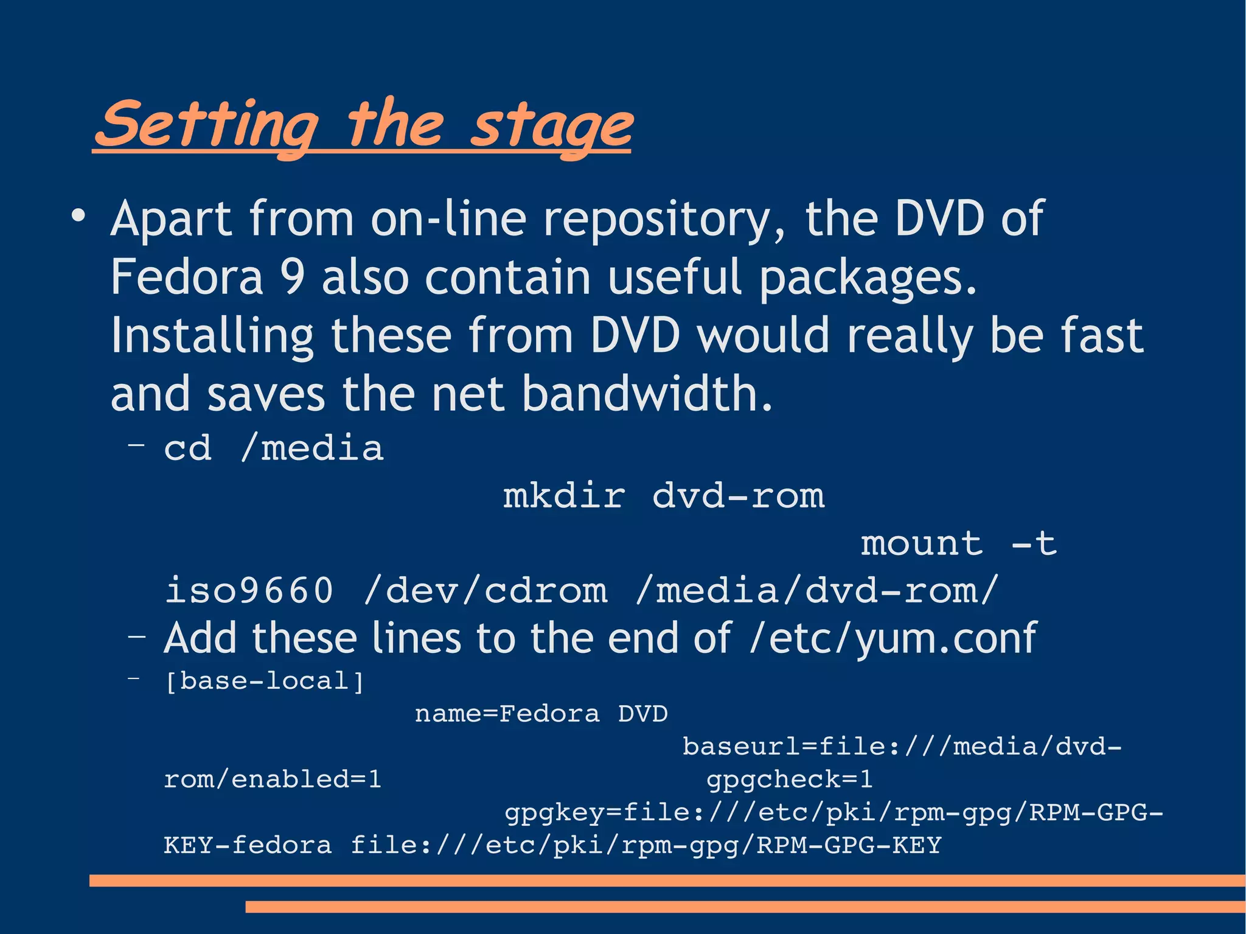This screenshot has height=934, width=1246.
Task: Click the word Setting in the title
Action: pos(207,125)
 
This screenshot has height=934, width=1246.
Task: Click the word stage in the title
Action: pos(551,127)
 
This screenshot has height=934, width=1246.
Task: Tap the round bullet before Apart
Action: pos(77,217)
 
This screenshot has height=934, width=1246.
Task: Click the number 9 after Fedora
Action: pos(292,277)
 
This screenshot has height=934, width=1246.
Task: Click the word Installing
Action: pos(212,336)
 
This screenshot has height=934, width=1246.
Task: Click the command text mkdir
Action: pos(564,496)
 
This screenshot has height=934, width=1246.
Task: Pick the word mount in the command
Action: pos(922,543)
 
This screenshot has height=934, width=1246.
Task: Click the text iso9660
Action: pos(249,590)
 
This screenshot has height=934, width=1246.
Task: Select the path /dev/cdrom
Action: pos(485,590)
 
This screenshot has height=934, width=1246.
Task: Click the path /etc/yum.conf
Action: pos(893,638)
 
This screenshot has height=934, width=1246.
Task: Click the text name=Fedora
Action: pos(507,714)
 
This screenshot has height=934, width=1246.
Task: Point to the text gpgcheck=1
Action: pos(789,779)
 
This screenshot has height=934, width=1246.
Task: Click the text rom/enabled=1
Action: pos(273,779)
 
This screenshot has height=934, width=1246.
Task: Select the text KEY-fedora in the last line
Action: pos(248,845)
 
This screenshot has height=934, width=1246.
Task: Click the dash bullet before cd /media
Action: pos(136,446)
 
